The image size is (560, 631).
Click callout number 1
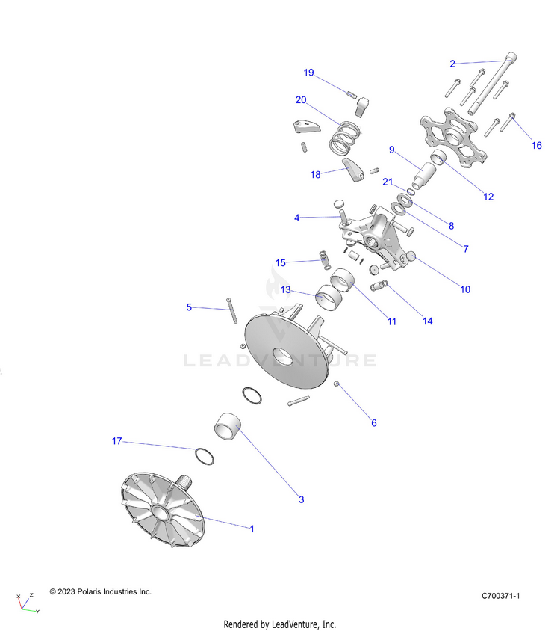click(x=252, y=529)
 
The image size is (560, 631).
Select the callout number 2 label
click(x=452, y=64)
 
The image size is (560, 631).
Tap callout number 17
click(x=116, y=441)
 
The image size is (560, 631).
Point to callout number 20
click(x=301, y=99)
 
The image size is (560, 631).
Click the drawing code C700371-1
click(x=500, y=595)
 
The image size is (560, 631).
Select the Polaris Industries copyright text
click(x=100, y=591)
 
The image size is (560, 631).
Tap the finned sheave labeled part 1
click(x=162, y=511)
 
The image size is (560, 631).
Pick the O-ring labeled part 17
click(x=202, y=455)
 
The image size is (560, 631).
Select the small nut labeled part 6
click(x=337, y=384)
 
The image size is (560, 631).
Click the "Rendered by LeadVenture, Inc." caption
click(x=280, y=624)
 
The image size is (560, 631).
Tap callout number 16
click(x=536, y=145)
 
